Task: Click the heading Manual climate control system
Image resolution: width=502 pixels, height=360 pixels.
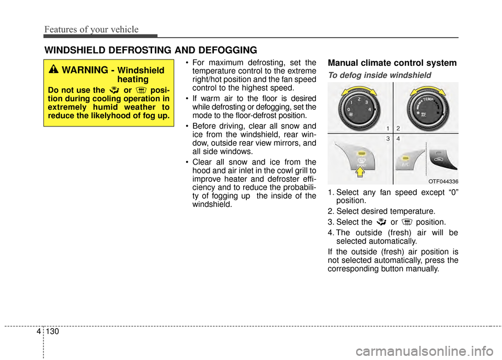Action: tap(392, 63)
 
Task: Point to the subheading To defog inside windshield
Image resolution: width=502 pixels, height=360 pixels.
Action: tap(379, 75)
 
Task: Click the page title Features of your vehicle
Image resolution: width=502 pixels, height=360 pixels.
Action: tap(91, 30)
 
